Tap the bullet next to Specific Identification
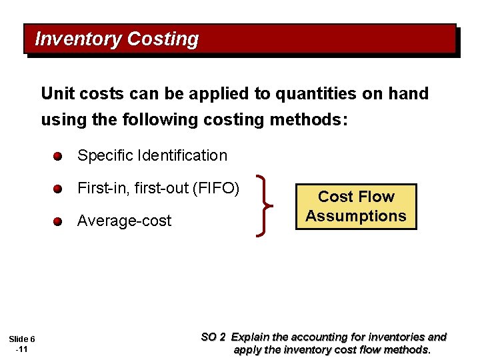[59, 157]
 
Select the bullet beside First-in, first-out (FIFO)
[59, 189]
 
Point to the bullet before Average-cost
[59, 222]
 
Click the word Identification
[182, 156]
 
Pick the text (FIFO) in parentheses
[215, 188]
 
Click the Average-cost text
[124, 221]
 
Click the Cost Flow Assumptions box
[356, 207]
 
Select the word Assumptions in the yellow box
[356, 216]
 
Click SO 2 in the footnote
[213, 337]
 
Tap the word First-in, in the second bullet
[103, 188]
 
